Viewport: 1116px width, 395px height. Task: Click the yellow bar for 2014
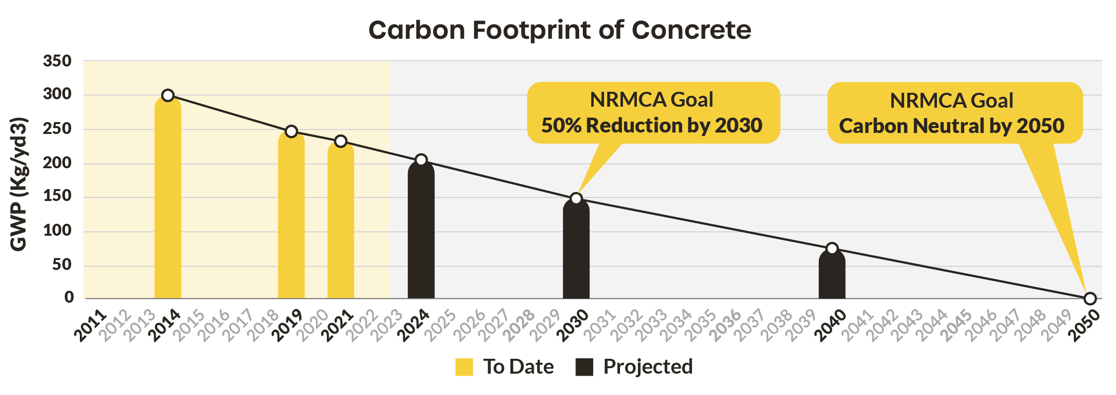click(168, 198)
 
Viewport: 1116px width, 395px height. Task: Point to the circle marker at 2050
click(1090, 298)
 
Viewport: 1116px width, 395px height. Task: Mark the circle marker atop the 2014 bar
click(168, 95)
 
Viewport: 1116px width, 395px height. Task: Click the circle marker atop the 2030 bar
click(576, 198)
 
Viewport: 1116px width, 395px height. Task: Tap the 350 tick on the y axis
click(58, 62)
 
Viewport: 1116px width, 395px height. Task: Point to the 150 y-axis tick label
click(58, 197)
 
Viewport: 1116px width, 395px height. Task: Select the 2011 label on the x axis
click(91, 326)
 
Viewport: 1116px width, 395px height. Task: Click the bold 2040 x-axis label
click(831, 326)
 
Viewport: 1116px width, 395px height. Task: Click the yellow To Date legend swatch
click(464, 367)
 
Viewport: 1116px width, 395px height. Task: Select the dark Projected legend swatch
click(584, 367)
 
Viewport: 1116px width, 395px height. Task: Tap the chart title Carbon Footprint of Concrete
click(559, 30)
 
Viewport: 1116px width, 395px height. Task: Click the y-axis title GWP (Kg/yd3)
click(19, 184)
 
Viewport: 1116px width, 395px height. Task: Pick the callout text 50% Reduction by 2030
click(652, 126)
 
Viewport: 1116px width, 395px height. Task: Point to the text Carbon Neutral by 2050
click(951, 126)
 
